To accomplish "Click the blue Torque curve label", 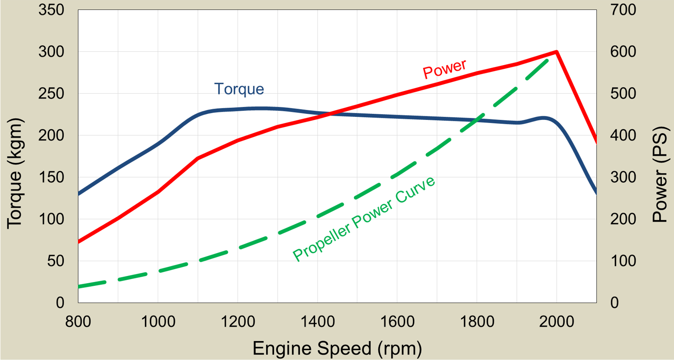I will (239, 89).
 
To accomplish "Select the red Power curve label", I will (444, 69).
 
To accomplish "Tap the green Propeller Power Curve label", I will (364, 219).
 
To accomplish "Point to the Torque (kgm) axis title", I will (14, 173).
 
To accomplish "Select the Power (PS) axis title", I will (659, 174).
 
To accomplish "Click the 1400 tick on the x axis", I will (318, 322).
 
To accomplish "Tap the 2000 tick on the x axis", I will (557, 322).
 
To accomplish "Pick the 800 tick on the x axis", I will (78, 322).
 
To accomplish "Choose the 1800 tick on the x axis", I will (477, 322).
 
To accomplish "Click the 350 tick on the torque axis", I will (51, 10).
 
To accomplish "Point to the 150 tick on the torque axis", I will (51, 177).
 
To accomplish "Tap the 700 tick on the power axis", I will (623, 10).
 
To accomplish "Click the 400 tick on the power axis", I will (623, 135).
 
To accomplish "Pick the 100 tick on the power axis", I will (623, 261).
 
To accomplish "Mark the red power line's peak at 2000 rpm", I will (557, 52).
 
